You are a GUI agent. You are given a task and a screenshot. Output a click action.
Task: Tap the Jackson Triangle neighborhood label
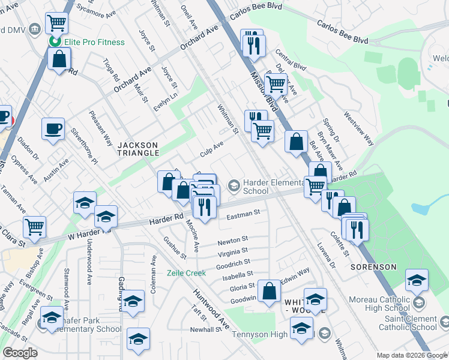138,149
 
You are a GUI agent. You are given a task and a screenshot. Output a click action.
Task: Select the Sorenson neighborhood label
373,266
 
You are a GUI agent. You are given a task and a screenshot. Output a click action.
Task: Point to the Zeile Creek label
186,273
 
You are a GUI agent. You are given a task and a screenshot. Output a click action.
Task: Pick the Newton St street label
233,241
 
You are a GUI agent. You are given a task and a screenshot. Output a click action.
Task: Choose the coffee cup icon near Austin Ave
53,128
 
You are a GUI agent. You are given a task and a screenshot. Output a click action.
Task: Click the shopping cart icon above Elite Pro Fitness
56,23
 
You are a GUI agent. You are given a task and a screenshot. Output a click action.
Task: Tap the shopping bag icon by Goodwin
271,291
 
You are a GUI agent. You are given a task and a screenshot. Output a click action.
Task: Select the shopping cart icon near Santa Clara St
35,226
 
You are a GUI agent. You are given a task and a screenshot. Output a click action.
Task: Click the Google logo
20,353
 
